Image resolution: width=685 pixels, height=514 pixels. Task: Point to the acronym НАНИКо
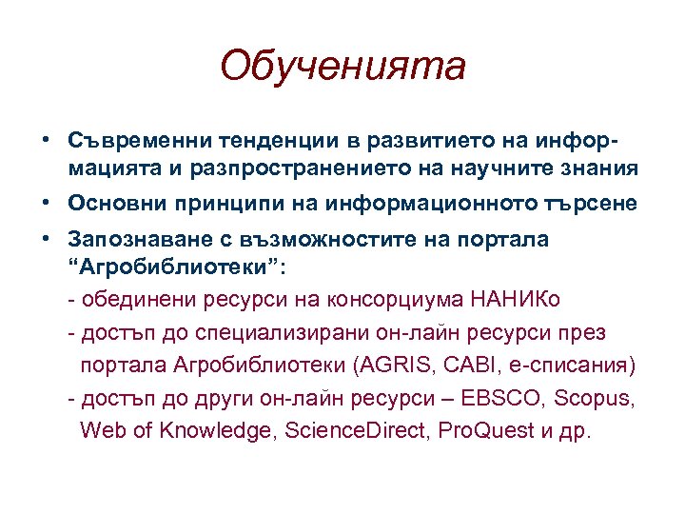tap(515, 300)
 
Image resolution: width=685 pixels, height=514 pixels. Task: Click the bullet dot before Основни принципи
tap(47, 202)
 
